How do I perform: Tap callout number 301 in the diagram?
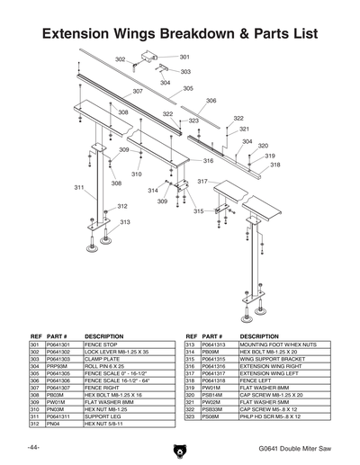pyautogui.click(x=184, y=57)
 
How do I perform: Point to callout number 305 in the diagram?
pyautogui.click(x=188, y=88)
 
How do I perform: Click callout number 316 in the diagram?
pyautogui.click(x=208, y=161)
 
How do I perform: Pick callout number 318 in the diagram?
pyautogui.click(x=274, y=165)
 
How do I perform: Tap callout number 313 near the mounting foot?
pyautogui.click(x=125, y=222)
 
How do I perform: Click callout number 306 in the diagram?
pyautogui.click(x=211, y=101)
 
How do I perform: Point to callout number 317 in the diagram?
pyautogui.click(x=202, y=182)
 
